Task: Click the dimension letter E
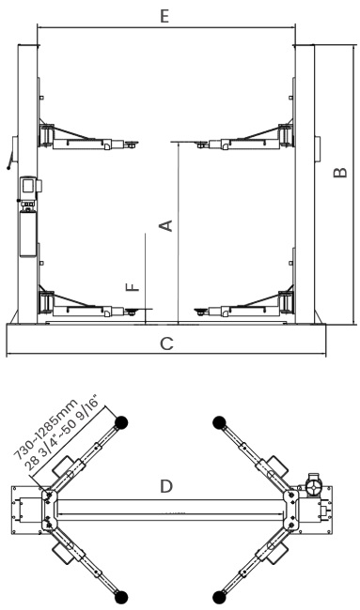tap(164, 16)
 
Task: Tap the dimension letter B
tap(340, 172)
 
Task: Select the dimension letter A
tap(166, 225)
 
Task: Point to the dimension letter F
tap(133, 287)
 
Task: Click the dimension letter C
tap(166, 343)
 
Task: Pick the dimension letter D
tap(166, 486)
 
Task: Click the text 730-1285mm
tap(46, 429)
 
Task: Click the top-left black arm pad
tap(121, 422)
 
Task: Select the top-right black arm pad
tap(220, 422)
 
